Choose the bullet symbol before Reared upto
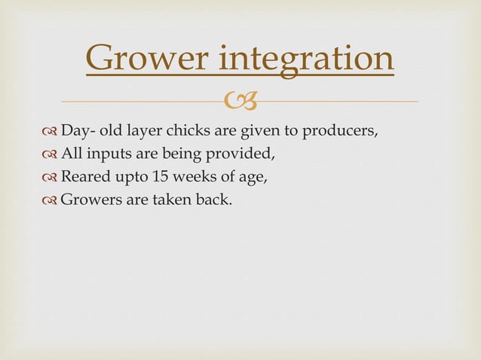(51, 178)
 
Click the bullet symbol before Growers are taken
(51, 200)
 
